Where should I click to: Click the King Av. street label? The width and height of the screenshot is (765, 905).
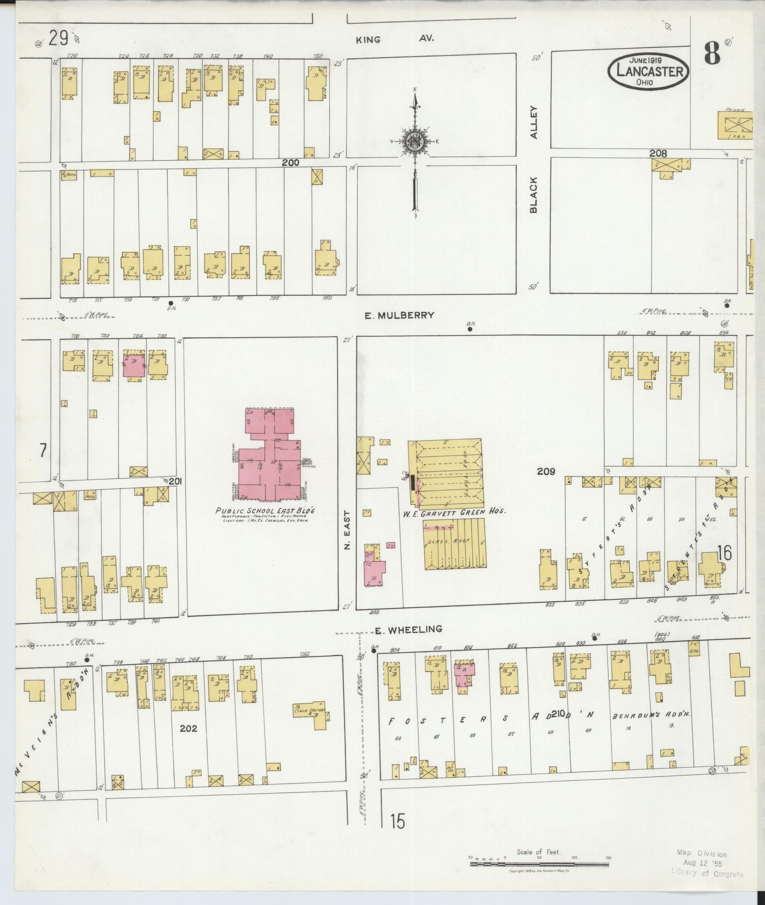395,39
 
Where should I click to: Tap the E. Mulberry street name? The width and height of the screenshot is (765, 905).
399,315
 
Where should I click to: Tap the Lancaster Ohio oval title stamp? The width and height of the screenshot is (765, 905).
649,71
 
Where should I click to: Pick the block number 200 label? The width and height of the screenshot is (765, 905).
290,162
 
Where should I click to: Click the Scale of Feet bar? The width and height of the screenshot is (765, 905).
539,857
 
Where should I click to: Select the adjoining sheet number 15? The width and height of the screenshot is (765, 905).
398,821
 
